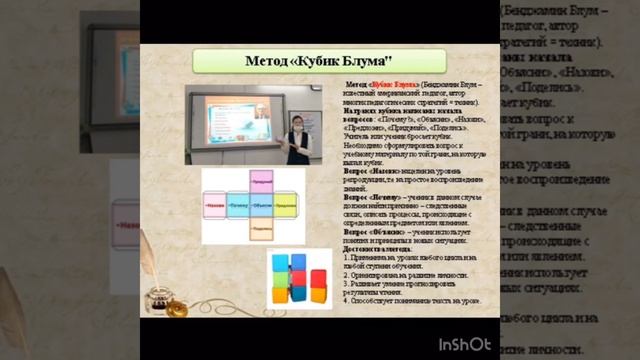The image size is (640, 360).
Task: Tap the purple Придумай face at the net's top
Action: pos(262,182)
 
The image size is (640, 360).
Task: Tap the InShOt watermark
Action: pos(466,344)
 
